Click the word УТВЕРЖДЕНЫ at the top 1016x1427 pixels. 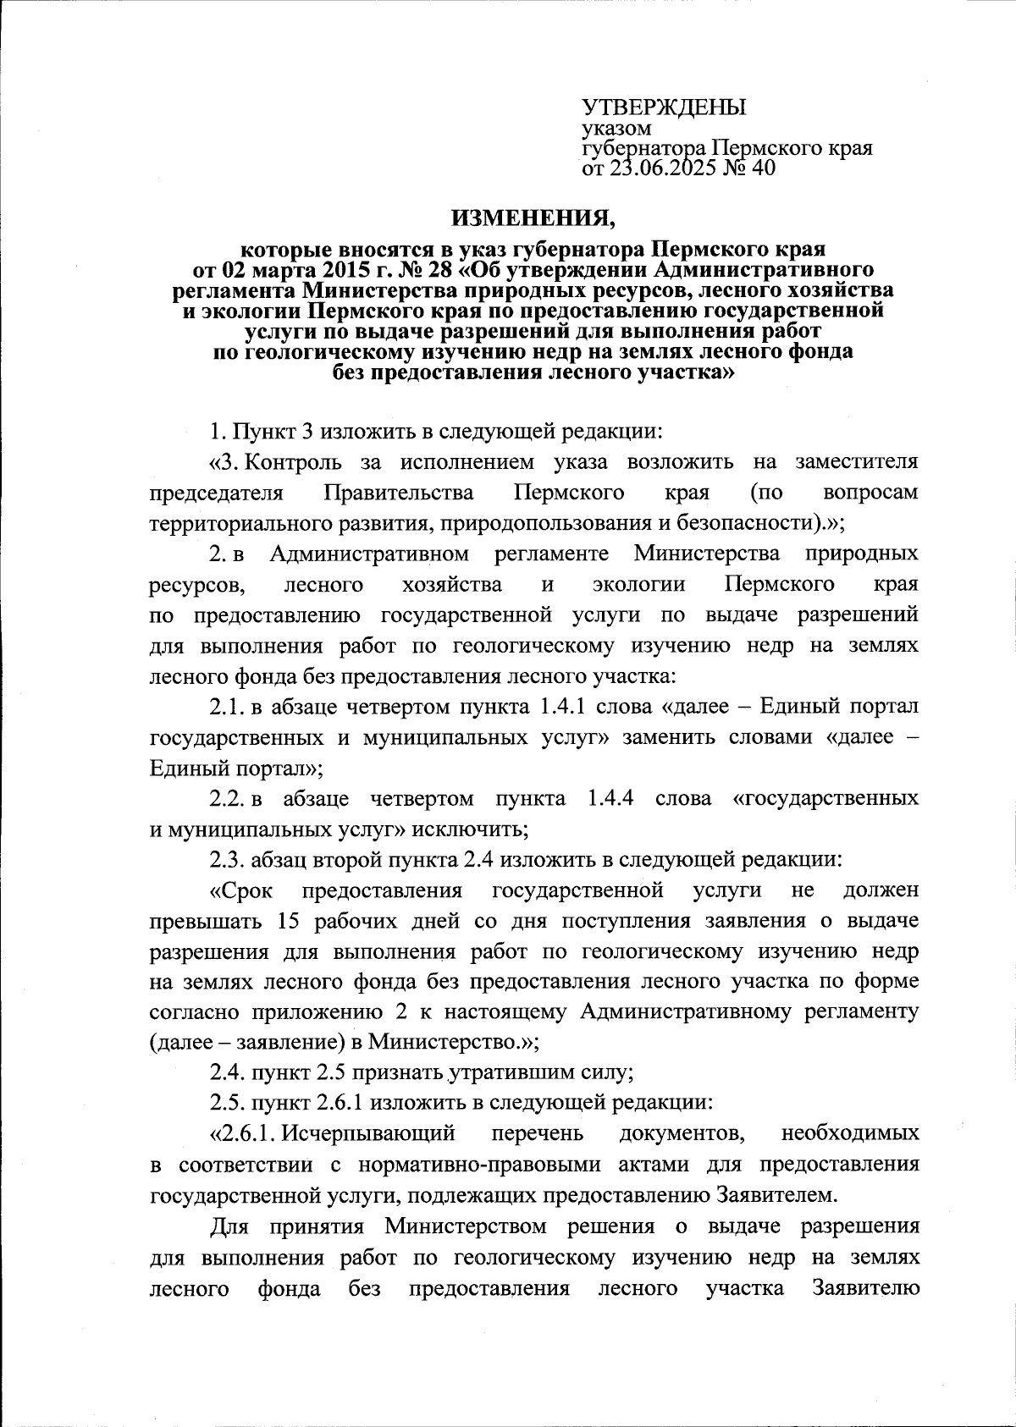[x=664, y=107]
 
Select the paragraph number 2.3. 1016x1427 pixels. [x=225, y=860]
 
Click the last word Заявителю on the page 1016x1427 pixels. [x=864, y=1288]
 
